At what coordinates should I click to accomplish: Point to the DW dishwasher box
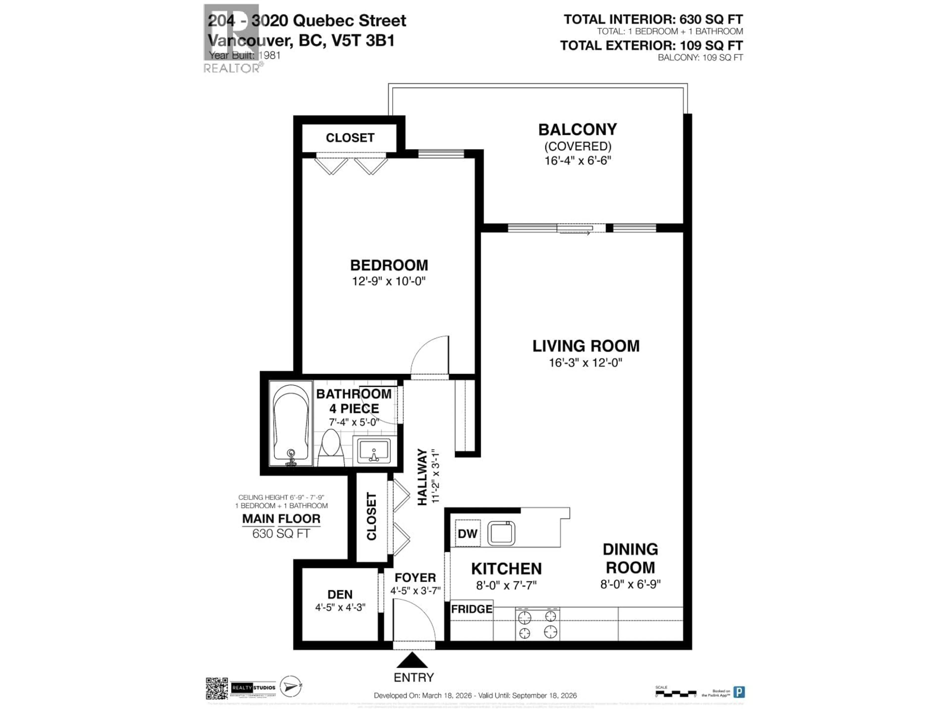click(x=467, y=533)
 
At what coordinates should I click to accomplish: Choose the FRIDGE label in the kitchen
click(x=472, y=609)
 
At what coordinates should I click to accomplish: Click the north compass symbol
click(x=291, y=686)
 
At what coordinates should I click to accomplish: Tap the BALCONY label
click(x=577, y=129)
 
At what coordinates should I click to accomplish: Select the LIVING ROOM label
click(x=585, y=346)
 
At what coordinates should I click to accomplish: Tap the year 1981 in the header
click(x=269, y=55)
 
